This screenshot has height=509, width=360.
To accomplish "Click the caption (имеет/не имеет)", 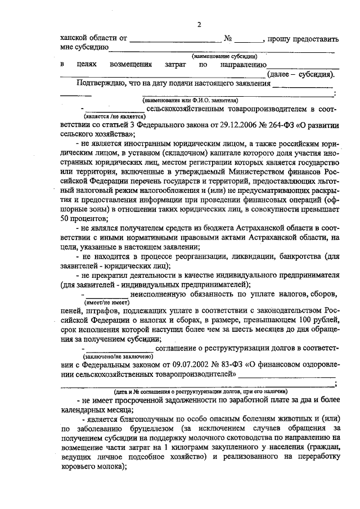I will coord(106,302).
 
